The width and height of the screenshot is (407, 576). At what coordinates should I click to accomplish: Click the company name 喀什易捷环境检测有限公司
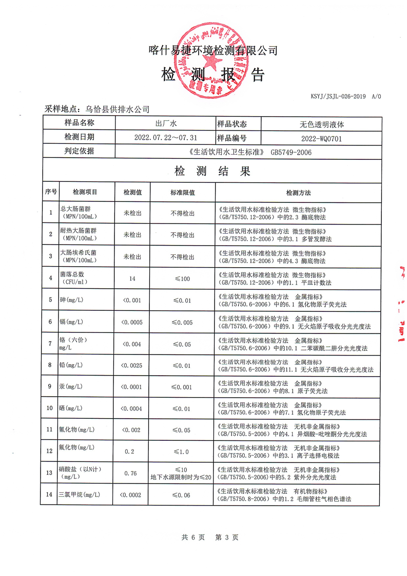click(212, 50)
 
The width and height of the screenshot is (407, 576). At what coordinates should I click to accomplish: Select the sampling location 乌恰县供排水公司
click(118, 109)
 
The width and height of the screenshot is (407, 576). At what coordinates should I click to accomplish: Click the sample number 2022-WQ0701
click(321, 138)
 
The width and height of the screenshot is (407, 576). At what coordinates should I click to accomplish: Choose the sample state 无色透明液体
click(321, 124)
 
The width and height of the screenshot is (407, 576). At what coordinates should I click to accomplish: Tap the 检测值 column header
click(132, 192)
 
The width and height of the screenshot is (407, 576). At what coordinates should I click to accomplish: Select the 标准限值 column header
click(183, 192)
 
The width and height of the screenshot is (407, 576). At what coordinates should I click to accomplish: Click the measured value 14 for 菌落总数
click(132, 278)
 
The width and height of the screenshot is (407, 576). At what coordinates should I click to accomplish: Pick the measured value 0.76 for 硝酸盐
click(131, 473)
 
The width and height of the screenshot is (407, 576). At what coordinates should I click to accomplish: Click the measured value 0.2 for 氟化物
click(130, 451)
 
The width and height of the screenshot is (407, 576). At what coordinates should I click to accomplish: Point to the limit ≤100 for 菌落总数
click(182, 278)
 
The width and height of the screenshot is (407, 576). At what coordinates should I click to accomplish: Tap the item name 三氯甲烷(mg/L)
click(79, 495)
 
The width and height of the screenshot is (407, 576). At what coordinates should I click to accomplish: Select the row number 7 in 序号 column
click(50, 343)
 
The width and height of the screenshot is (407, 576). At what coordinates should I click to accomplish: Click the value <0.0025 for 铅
click(131, 365)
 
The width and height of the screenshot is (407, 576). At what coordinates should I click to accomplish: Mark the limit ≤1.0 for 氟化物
click(182, 451)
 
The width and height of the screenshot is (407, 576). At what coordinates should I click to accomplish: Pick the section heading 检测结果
click(212, 171)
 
